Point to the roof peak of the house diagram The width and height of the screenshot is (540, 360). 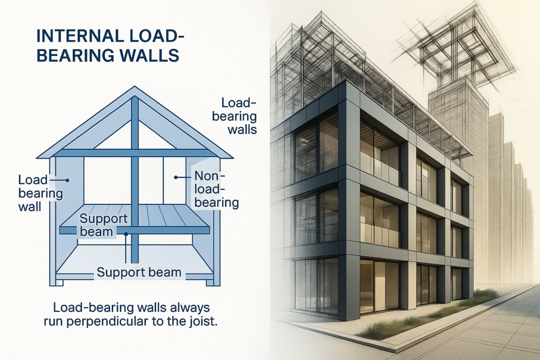(135, 89)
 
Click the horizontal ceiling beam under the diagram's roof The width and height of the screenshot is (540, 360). (135, 152)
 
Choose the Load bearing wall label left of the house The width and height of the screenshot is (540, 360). (40, 192)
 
